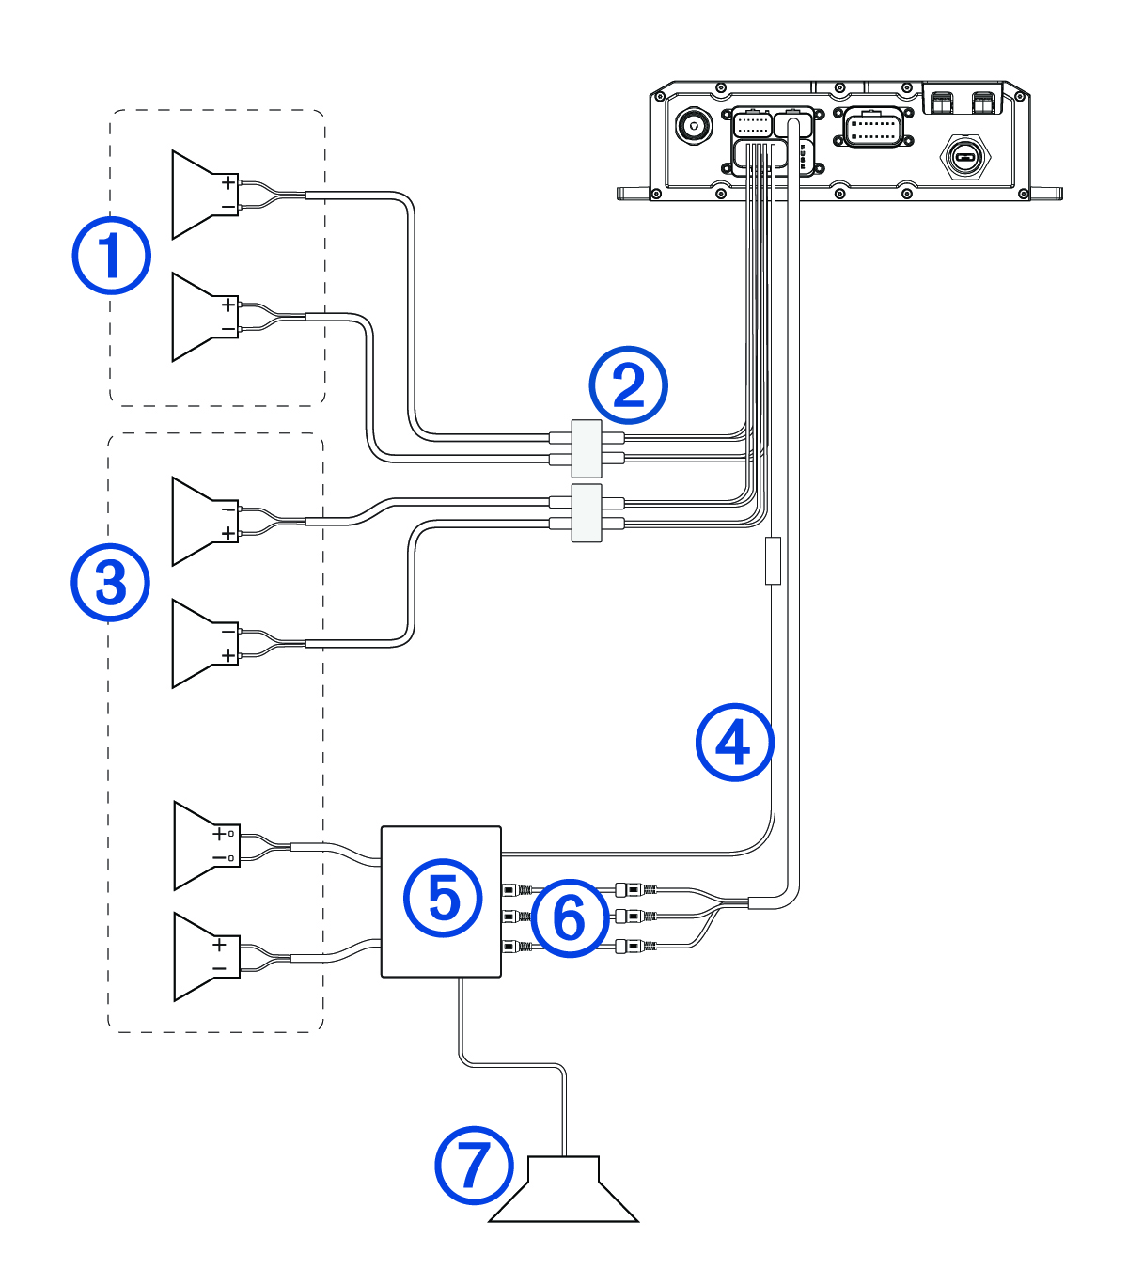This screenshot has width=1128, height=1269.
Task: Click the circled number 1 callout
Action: click(112, 256)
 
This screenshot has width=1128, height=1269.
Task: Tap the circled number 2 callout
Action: click(628, 385)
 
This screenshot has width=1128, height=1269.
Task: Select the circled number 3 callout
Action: click(111, 583)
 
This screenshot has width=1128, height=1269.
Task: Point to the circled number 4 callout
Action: click(734, 743)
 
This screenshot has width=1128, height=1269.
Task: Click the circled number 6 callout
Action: click(570, 917)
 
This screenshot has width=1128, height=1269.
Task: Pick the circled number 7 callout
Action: click(474, 1166)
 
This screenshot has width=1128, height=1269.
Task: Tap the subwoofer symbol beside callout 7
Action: click(564, 1192)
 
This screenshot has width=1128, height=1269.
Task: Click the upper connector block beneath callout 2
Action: click(587, 448)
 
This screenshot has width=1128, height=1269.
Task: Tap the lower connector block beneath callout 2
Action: click(587, 513)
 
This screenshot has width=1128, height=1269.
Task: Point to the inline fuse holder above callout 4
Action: click(773, 561)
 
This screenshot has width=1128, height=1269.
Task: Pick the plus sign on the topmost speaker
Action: click(227, 182)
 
